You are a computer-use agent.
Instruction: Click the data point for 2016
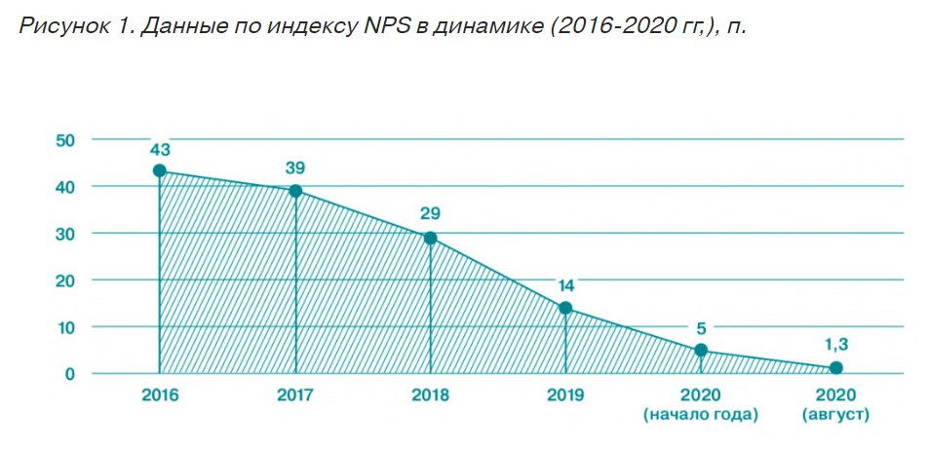tap(159, 170)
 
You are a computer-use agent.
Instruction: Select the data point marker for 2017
tap(294, 190)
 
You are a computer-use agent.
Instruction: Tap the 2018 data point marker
tap(430, 238)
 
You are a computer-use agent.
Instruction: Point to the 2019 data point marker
tap(565, 309)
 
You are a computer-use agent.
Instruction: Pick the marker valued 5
tap(701, 350)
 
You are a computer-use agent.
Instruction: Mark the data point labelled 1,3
tap(835, 367)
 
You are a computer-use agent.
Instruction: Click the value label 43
tap(160, 149)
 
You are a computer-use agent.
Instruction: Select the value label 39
tap(295, 168)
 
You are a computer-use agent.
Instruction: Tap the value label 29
tap(430, 215)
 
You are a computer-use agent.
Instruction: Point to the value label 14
tap(565, 286)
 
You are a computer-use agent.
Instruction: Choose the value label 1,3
tap(835, 344)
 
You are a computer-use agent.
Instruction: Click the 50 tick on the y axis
tap(64, 139)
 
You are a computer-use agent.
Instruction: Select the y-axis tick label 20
tap(64, 281)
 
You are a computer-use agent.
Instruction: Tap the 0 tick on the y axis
tap(70, 374)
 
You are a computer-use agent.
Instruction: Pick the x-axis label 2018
tap(430, 395)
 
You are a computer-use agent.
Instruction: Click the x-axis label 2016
tap(159, 395)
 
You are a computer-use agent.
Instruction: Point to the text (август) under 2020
tap(835, 416)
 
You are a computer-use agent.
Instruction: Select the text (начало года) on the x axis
tap(701, 416)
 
